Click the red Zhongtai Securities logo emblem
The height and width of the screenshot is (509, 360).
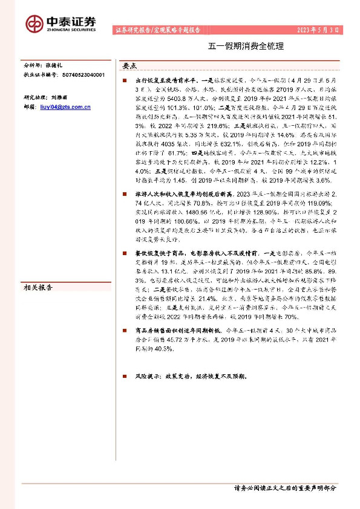point(34,23)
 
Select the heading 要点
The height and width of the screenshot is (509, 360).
point(129,66)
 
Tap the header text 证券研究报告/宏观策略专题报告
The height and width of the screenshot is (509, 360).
point(156,30)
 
